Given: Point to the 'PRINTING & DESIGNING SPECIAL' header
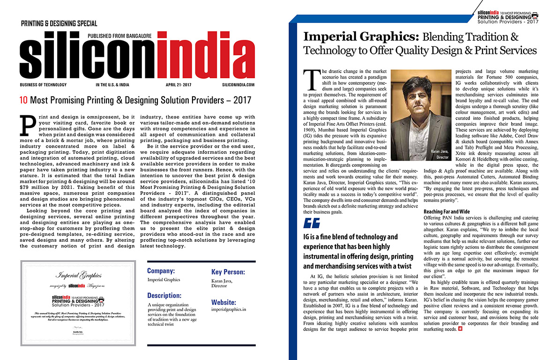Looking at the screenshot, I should click(x=59, y=23).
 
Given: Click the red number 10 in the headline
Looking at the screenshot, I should click(x=23, y=100).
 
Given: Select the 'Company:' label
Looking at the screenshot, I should click(x=161, y=271).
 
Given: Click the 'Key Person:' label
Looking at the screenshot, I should click(x=228, y=272).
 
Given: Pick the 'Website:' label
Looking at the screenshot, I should click(x=223, y=303).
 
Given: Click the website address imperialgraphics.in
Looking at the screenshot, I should click(x=229, y=310).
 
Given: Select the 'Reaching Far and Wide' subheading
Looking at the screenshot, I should click(x=446, y=212).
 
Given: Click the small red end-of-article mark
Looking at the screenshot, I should click(x=461, y=329).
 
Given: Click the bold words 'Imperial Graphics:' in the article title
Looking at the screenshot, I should click(x=361, y=37).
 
